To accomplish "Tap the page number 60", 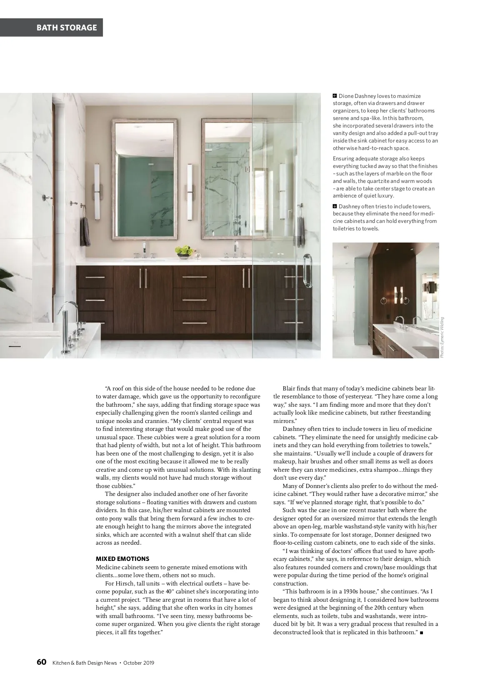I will pos(41,662).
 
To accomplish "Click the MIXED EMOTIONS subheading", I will pos(122,559).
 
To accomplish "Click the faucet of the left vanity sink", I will pos(144,249).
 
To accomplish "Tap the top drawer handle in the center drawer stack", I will pos(195,277).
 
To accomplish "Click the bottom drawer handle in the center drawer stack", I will pos(195,323).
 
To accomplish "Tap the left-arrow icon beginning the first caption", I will pos(335,96).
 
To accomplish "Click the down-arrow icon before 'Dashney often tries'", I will pos(335,206).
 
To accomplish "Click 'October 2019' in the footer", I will pos(139,663).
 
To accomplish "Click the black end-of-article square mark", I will pos(422,633).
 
